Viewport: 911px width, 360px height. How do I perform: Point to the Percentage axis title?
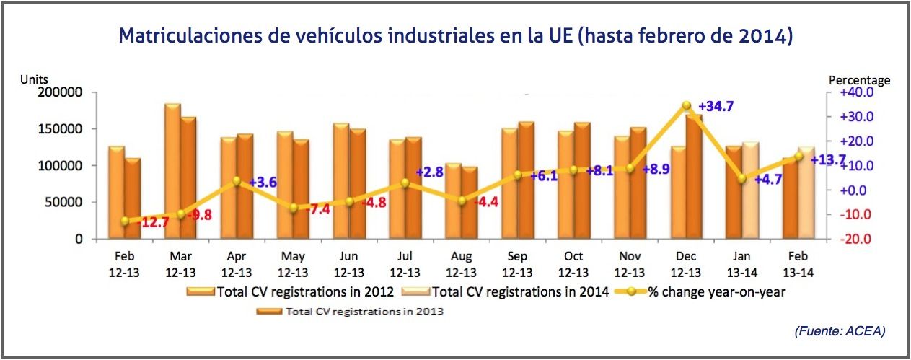pyautogui.click(x=860, y=80)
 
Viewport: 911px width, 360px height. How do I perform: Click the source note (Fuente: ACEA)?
pyautogui.click(x=840, y=331)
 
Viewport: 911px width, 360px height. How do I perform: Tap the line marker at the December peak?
pyautogui.click(x=686, y=106)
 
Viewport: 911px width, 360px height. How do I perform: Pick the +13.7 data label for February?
pyautogui.click(x=828, y=159)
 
